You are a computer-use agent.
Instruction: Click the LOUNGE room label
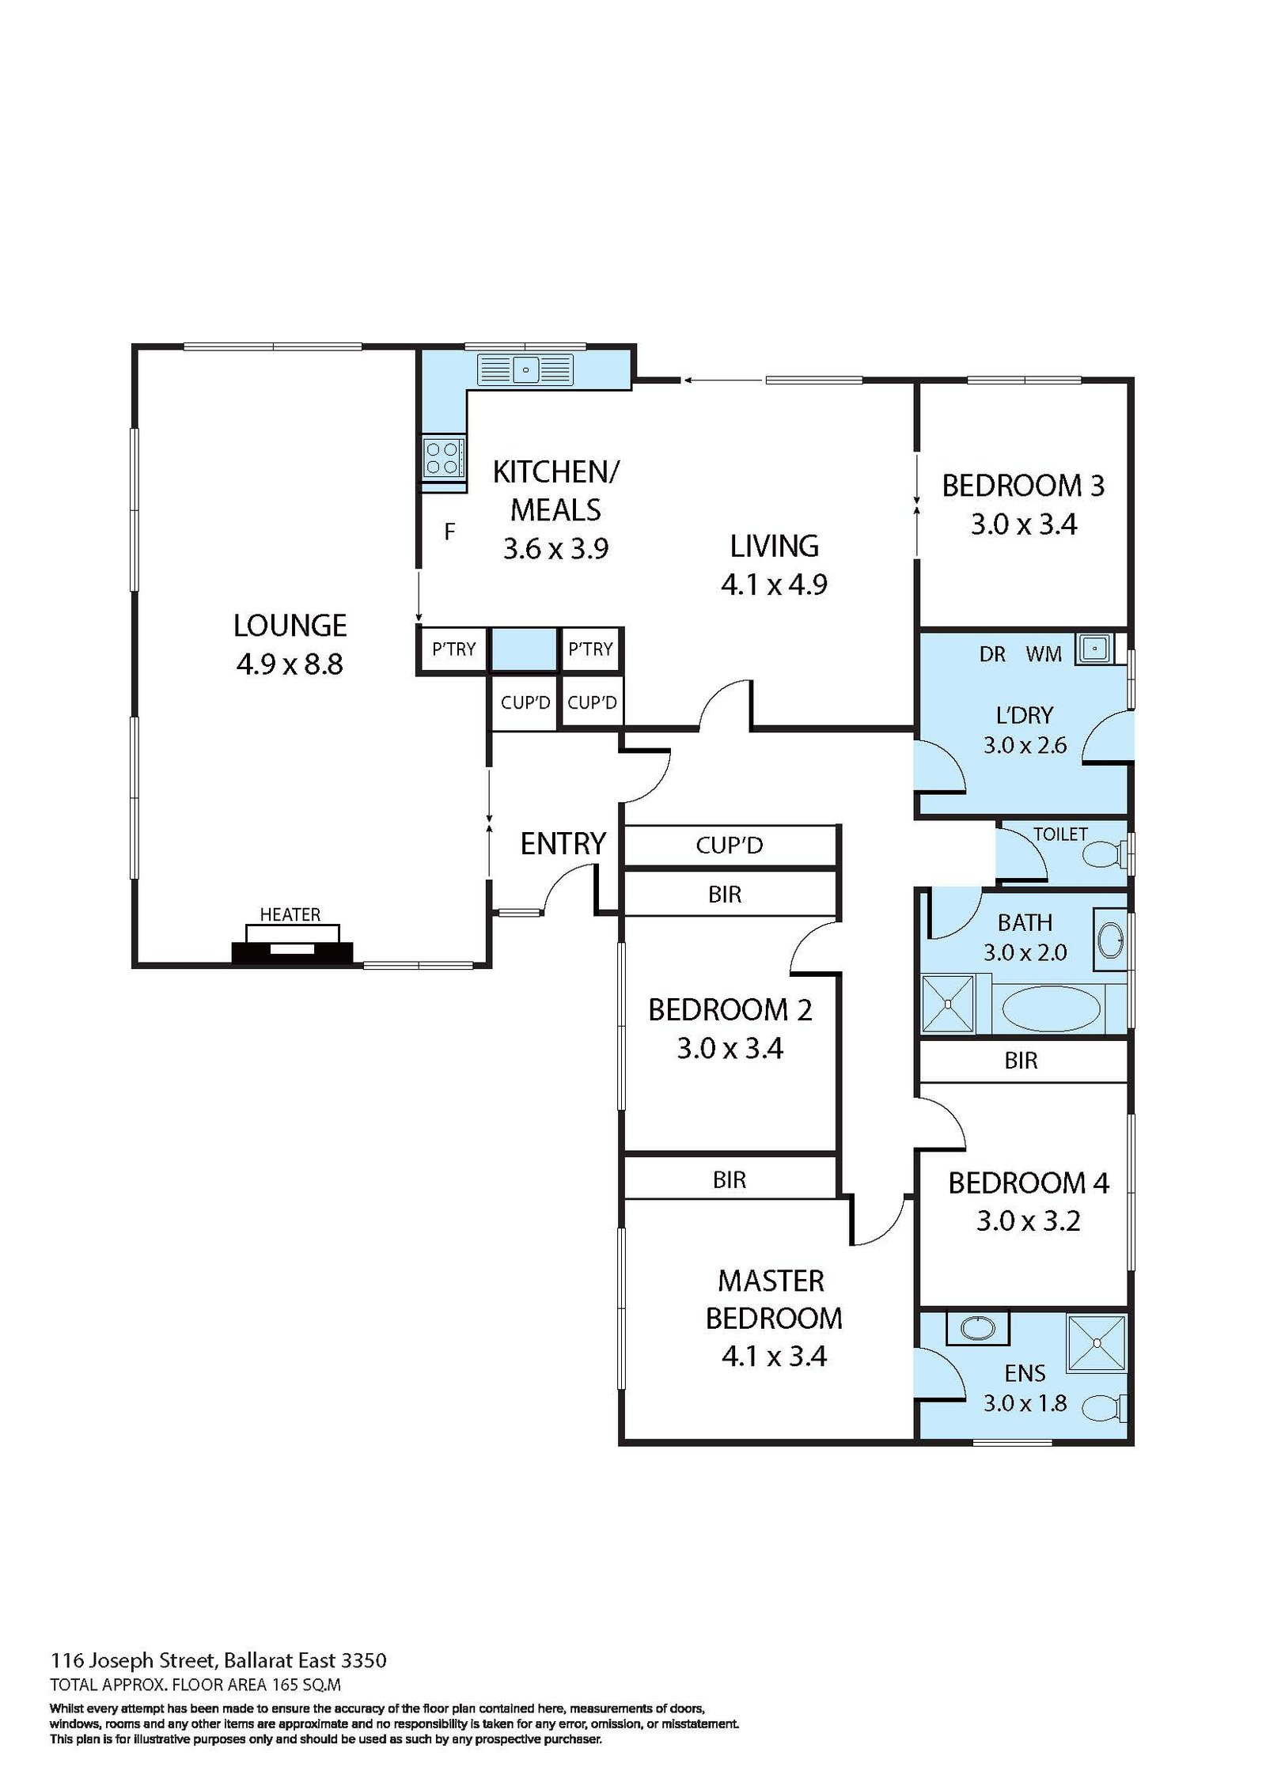point(290,626)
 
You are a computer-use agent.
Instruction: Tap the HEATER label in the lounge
point(290,914)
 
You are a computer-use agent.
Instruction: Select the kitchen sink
point(525,369)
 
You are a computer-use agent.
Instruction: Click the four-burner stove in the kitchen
point(442,458)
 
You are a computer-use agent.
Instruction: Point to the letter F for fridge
point(449,532)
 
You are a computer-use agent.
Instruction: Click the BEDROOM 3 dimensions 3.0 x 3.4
point(1024,524)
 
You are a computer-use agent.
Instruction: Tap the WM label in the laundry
point(1044,654)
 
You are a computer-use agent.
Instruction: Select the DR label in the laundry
point(992,654)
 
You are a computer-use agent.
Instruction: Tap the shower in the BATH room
point(948,1004)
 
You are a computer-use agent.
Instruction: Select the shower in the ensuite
point(1096,1343)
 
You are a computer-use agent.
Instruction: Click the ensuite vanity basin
point(978,1327)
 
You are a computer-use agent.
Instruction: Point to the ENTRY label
point(563,844)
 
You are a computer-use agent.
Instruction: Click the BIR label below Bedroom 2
point(730,1180)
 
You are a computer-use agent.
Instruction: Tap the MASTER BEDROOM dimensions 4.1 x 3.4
point(774,1357)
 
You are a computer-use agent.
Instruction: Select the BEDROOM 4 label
point(1029,1183)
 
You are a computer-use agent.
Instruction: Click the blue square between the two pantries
point(525,649)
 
